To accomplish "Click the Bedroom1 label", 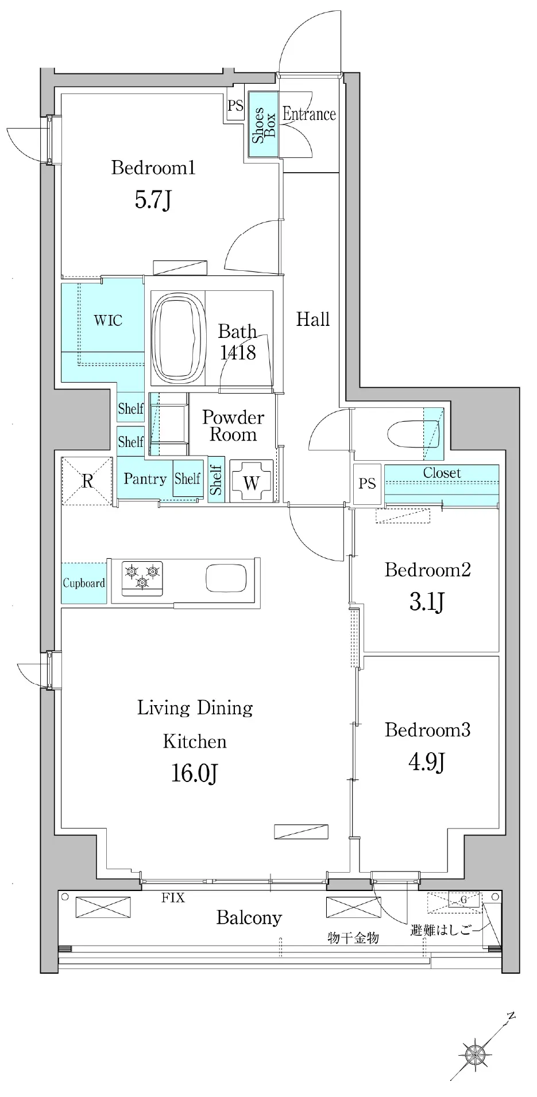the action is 153,168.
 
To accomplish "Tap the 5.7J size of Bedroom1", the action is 153,200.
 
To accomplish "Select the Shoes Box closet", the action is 264,125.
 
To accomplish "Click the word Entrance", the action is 309,114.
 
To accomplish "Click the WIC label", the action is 108,320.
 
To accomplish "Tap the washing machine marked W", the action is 251,481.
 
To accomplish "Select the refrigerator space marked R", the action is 87,481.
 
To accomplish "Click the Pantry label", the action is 145,479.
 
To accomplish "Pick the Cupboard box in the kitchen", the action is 84,583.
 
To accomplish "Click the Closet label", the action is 442,473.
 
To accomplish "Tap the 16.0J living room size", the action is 195,774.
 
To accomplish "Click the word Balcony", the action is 249,918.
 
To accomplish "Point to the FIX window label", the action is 173,898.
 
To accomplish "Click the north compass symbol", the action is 476,1052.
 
